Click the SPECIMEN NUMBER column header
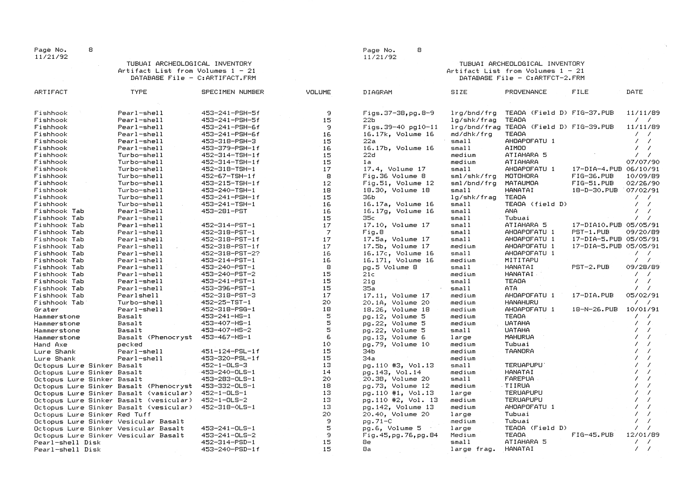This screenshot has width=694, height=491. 233,92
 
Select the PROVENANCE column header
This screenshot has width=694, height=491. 526,92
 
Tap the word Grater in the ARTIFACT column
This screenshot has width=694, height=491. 46,310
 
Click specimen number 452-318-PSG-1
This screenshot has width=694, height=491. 228,309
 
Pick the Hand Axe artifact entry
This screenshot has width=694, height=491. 50,345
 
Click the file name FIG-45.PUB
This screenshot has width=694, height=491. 592,435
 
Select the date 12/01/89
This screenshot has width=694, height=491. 643,435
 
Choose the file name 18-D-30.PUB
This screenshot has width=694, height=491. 595,190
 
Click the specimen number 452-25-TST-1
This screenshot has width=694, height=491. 226,302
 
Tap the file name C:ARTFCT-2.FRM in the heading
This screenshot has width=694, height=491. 555,78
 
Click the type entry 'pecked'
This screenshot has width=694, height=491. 130,345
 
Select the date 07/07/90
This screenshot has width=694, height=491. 643,162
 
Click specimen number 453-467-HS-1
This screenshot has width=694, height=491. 226,337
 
